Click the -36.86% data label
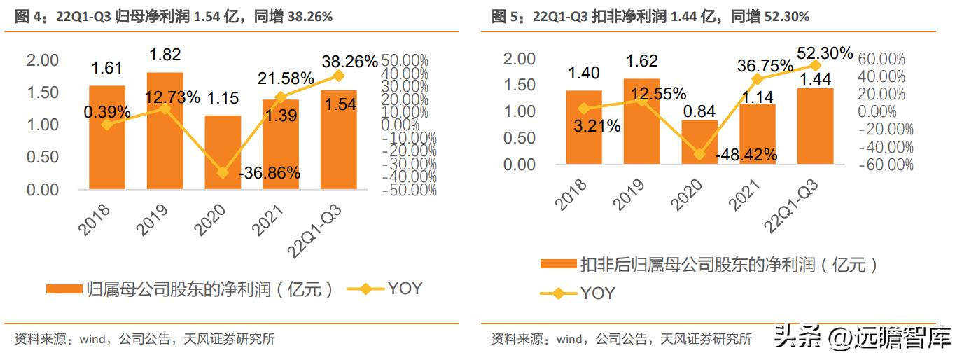coord(269,172)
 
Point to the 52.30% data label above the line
coord(825,53)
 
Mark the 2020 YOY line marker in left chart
coord(223,172)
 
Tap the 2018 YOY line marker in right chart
coord(584,109)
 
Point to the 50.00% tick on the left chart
coord(409,61)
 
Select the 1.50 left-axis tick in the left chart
coord(42,92)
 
